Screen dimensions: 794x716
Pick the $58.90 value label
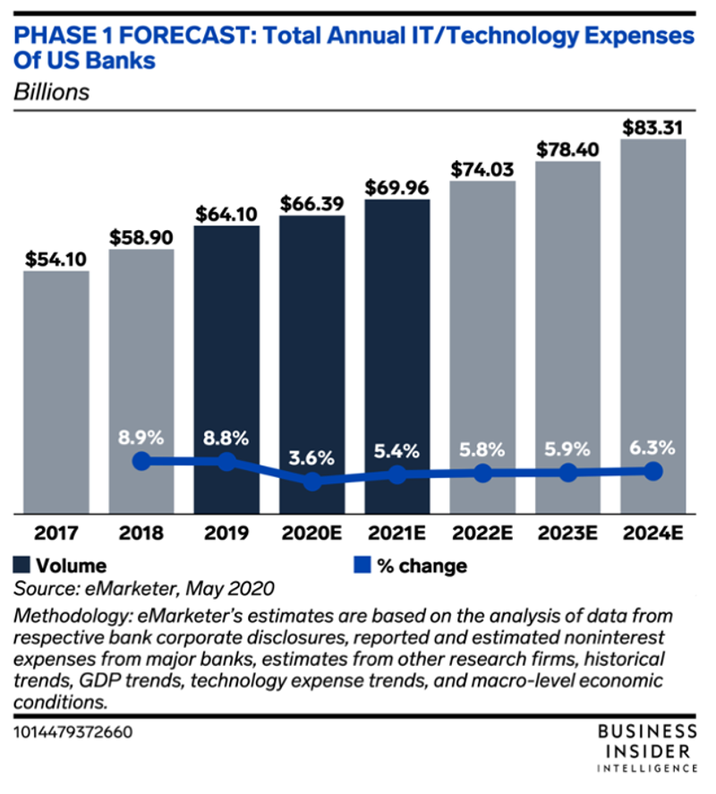[141, 236]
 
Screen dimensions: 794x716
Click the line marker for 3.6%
[312, 482]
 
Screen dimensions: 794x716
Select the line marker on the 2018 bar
[141, 462]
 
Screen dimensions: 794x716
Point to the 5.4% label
[397, 451]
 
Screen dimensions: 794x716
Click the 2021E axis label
[397, 534]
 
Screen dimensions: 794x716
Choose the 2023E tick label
[568, 534]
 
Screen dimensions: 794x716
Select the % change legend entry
[411, 566]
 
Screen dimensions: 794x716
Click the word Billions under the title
[52, 91]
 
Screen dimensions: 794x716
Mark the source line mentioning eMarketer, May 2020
[144, 588]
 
